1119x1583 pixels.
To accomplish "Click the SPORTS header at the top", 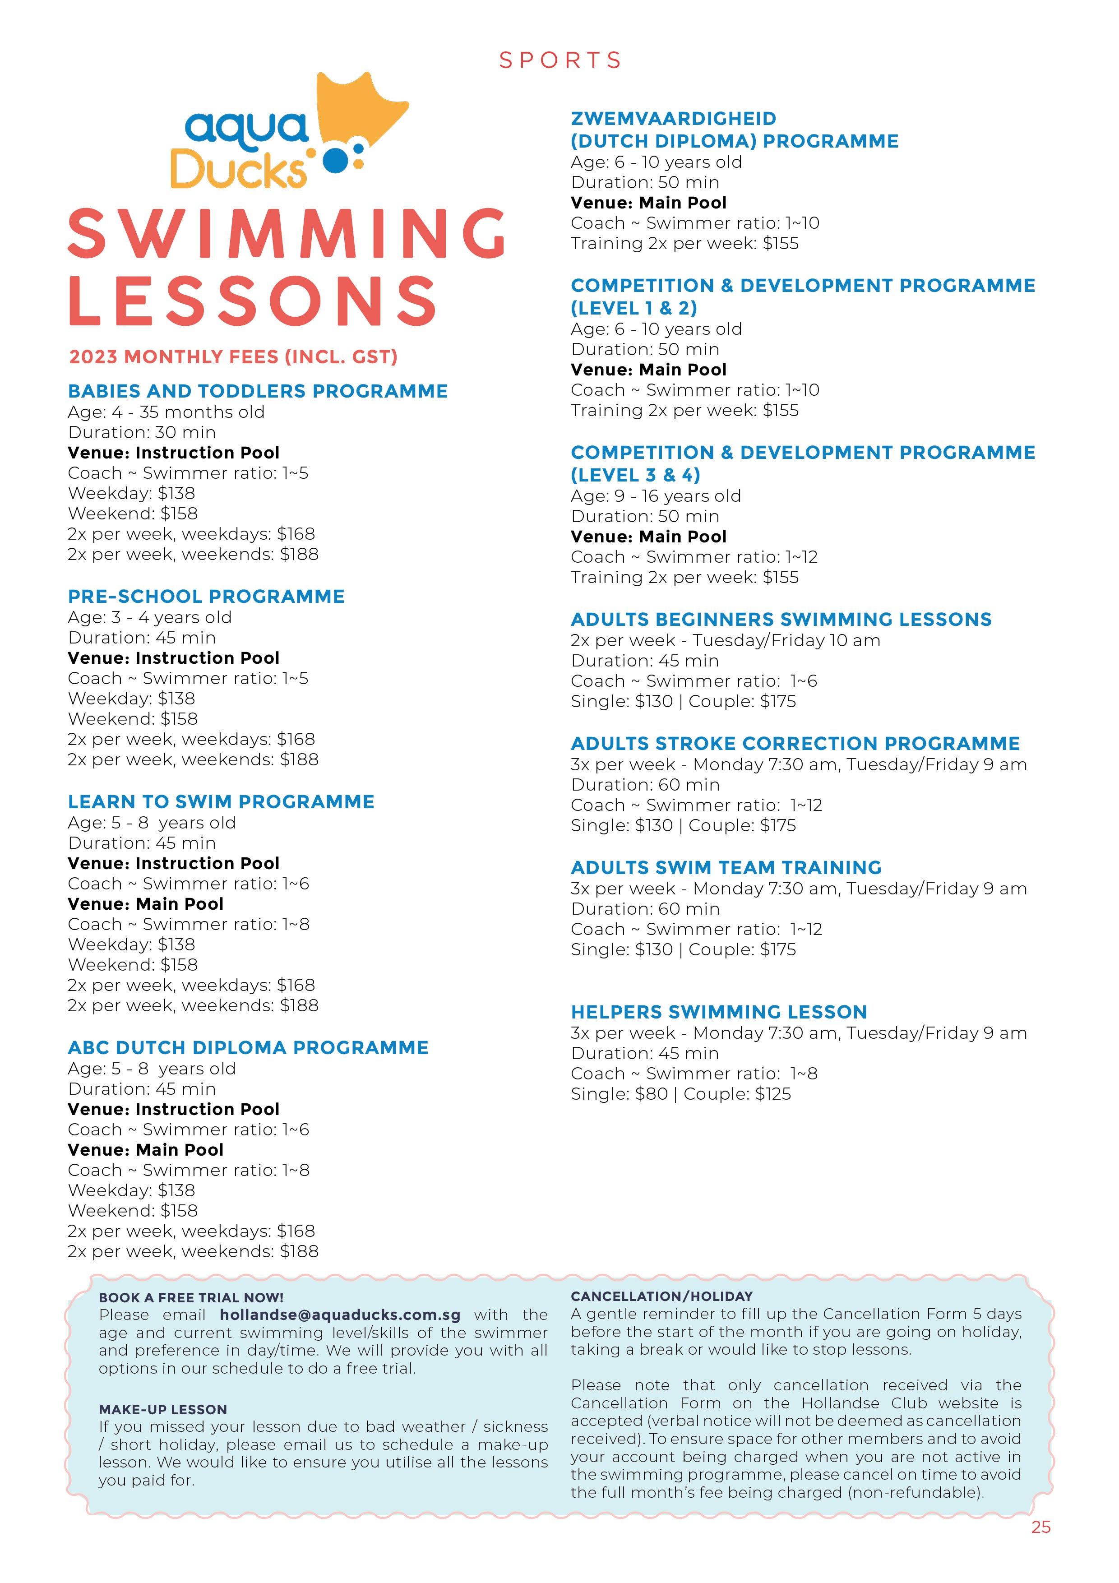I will (560, 60).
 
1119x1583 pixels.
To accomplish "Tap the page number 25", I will (1040, 1546).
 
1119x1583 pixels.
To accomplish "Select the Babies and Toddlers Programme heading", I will (258, 391).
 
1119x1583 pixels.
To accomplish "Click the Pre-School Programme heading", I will (206, 597).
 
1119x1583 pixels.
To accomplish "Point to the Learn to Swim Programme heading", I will (221, 802).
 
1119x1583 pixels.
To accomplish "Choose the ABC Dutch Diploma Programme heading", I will (248, 1048).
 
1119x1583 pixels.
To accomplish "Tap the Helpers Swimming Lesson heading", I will (718, 1012).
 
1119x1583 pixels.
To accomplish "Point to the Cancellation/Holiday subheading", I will (661, 1296).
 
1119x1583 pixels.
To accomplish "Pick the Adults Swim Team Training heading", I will (726, 867).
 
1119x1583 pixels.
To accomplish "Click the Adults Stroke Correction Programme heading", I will (795, 743).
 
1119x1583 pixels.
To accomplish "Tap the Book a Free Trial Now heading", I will (191, 1297).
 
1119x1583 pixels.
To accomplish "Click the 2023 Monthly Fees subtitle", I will (233, 357).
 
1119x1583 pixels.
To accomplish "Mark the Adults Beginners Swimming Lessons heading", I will (781, 619).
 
